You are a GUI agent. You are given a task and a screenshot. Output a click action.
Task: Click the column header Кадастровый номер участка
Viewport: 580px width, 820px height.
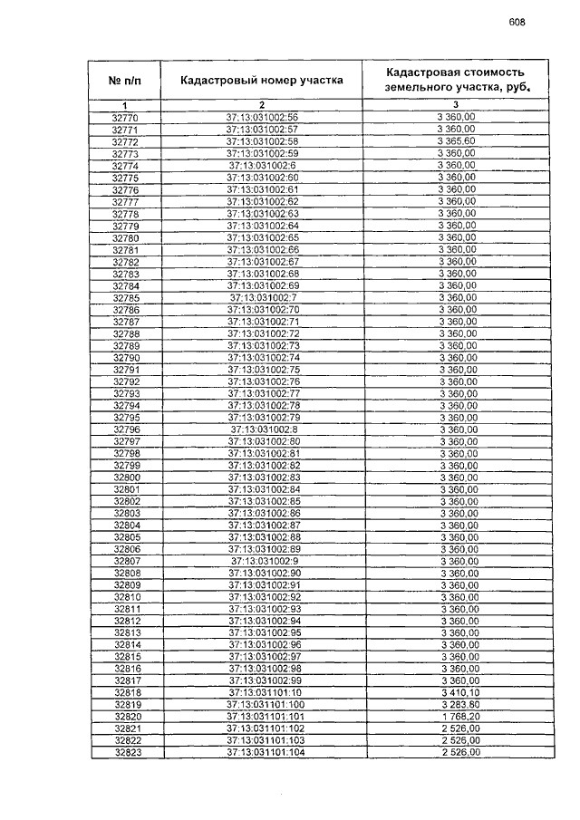click(x=262, y=80)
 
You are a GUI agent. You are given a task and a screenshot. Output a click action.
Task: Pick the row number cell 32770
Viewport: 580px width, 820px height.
click(x=125, y=118)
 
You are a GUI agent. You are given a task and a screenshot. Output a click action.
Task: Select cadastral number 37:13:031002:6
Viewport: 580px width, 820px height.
click(x=263, y=166)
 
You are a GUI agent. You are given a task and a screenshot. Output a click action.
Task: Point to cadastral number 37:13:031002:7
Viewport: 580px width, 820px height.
click(x=263, y=297)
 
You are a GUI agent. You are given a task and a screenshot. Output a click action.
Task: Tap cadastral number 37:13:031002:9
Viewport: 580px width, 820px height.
click(x=263, y=561)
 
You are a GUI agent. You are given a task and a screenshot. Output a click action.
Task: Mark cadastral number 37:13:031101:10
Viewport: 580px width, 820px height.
click(x=263, y=692)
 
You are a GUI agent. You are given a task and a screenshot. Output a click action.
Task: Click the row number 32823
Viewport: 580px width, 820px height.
click(x=125, y=752)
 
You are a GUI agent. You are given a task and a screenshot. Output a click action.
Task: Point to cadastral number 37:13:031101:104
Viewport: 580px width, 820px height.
click(x=263, y=752)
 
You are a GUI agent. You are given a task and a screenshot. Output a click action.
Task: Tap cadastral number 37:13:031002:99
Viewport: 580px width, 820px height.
click(x=263, y=680)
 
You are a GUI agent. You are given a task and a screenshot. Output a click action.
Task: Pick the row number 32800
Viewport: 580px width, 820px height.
click(x=125, y=477)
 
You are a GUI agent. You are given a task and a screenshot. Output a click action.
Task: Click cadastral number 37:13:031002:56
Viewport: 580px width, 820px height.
click(x=263, y=118)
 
